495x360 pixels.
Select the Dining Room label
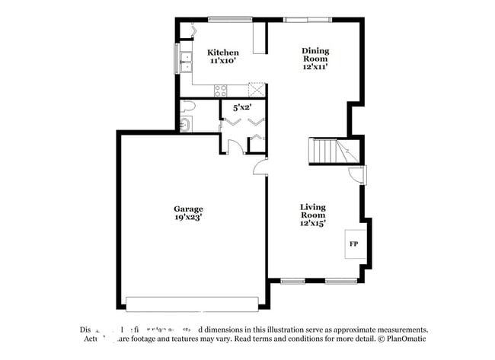[315, 55]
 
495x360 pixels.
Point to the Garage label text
[187, 208]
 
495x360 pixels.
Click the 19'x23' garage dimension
[187, 217]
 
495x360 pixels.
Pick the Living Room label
[313, 211]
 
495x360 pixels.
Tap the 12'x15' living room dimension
[313, 223]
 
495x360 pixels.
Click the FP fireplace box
[353, 244]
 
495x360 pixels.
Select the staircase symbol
[334, 151]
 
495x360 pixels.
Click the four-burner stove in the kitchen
[222, 91]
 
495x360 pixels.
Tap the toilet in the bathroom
[187, 107]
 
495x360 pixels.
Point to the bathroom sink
[185, 123]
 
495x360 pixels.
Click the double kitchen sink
[184, 59]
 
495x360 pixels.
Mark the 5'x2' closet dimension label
[241, 107]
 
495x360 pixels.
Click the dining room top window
[308, 19]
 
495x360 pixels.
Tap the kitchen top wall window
[230, 19]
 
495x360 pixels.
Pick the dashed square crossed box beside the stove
[258, 90]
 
